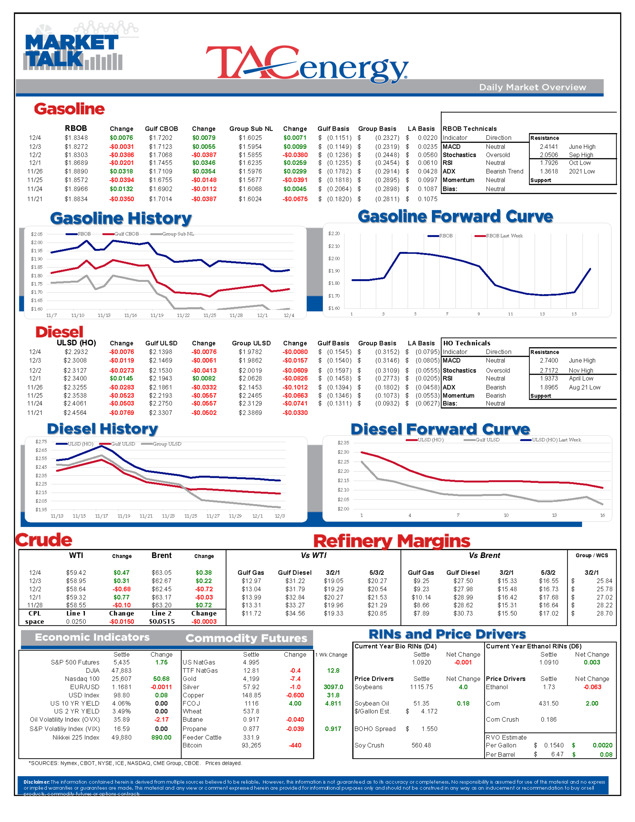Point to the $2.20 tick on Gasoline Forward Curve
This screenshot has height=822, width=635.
[334, 234]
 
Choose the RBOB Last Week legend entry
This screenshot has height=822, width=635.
[504, 236]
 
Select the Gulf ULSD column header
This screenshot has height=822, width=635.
[161, 343]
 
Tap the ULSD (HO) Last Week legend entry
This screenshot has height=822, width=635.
[556, 440]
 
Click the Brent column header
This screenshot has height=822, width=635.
[161, 555]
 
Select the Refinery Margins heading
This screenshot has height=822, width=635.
[392, 541]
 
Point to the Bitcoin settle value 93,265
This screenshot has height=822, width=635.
[251, 745]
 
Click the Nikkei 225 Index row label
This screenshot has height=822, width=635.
[76, 737]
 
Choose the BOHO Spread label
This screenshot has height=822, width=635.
[375, 729]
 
